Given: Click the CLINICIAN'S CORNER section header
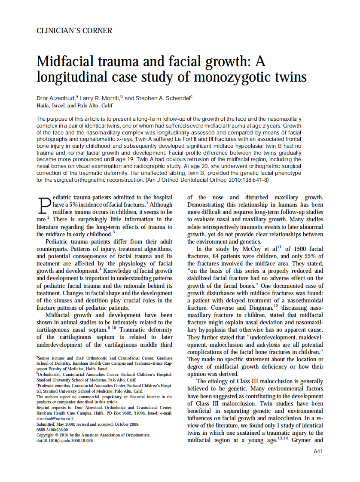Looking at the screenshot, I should point(74,31).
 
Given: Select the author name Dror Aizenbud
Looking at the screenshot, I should point(56,98).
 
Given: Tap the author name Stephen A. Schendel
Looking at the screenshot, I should point(163,98).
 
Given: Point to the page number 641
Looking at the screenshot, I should point(318,451).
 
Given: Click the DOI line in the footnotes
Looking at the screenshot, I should point(64,440).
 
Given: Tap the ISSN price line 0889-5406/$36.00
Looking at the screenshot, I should point(52,429).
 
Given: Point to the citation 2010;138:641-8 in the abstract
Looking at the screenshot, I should point(248,180).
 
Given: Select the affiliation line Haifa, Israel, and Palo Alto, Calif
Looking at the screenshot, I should point(75,105).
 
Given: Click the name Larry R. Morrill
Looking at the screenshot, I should point(101,98).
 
